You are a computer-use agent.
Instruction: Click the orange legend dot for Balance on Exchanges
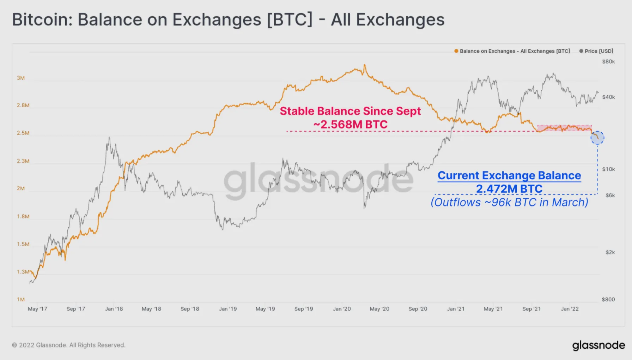[x=456, y=51]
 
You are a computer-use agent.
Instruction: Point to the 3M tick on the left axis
[x=21, y=78]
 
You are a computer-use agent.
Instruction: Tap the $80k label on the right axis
[x=608, y=61]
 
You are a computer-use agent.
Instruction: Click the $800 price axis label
[x=608, y=299]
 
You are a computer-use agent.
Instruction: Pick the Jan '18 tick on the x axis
[x=114, y=309]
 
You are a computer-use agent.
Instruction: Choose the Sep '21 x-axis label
[x=531, y=309]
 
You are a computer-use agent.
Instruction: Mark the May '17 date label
[x=37, y=309]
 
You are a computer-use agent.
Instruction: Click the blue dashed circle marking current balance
[x=597, y=138]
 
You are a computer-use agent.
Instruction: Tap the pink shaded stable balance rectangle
[x=564, y=128]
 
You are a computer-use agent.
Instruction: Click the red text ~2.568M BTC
[x=350, y=125]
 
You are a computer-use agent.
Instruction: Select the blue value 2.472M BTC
[x=509, y=189]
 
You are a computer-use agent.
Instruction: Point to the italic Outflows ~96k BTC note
[x=509, y=202]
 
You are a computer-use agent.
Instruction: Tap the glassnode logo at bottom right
[x=598, y=345]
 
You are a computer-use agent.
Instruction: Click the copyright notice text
[x=69, y=345]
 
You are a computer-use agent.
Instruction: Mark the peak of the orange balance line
[x=365, y=65]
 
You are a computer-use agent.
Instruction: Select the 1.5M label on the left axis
[x=23, y=244]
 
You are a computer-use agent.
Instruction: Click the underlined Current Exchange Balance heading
[x=509, y=175]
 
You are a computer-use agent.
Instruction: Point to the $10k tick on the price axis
[x=608, y=169]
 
